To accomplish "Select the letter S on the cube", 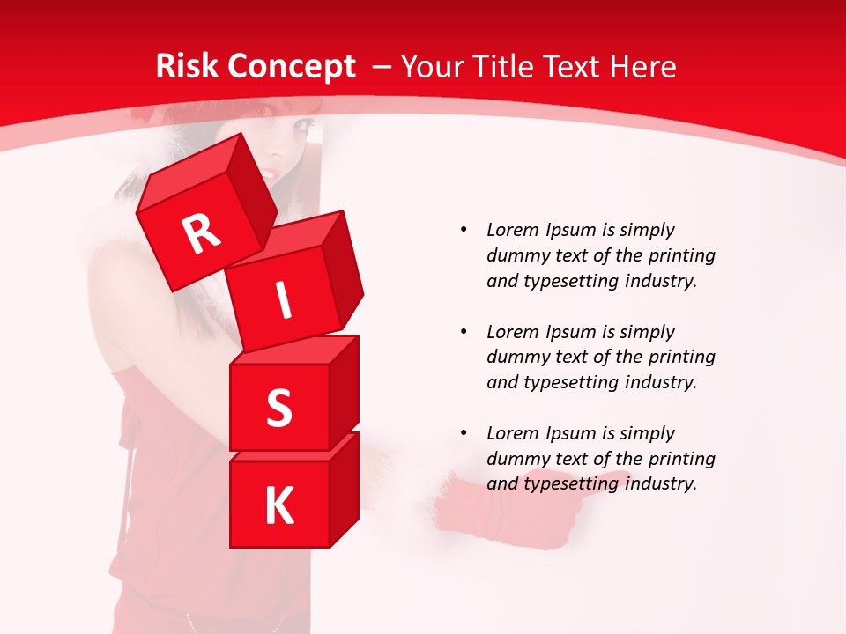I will [279, 409].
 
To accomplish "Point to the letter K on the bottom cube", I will [278, 506].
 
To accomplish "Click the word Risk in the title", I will [186, 66].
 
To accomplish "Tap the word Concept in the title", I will [291, 66].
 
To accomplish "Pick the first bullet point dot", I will [464, 230].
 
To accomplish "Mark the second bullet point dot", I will [464, 332].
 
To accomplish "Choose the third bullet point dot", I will [464, 433].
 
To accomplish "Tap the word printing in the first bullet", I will [681, 255].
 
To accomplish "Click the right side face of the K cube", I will [344, 489].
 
